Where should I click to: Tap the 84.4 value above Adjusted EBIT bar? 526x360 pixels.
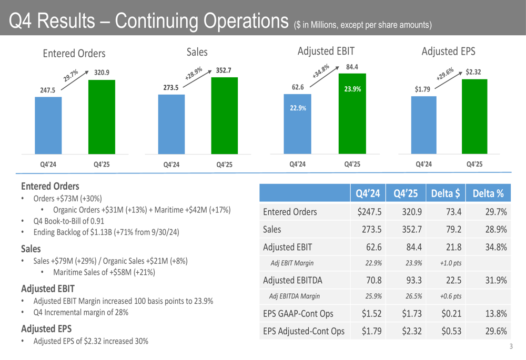click(352, 67)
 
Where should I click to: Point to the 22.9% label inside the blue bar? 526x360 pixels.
click(297, 108)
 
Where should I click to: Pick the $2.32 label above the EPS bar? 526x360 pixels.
click(473, 72)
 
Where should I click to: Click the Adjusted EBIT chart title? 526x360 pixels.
click(326, 51)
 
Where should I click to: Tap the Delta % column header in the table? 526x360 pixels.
click(488, 193)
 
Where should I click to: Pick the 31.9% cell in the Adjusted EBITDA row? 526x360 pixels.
click(494, 280)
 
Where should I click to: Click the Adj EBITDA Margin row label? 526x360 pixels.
click(295, 296)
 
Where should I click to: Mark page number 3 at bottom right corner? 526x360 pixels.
click(511, 347)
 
